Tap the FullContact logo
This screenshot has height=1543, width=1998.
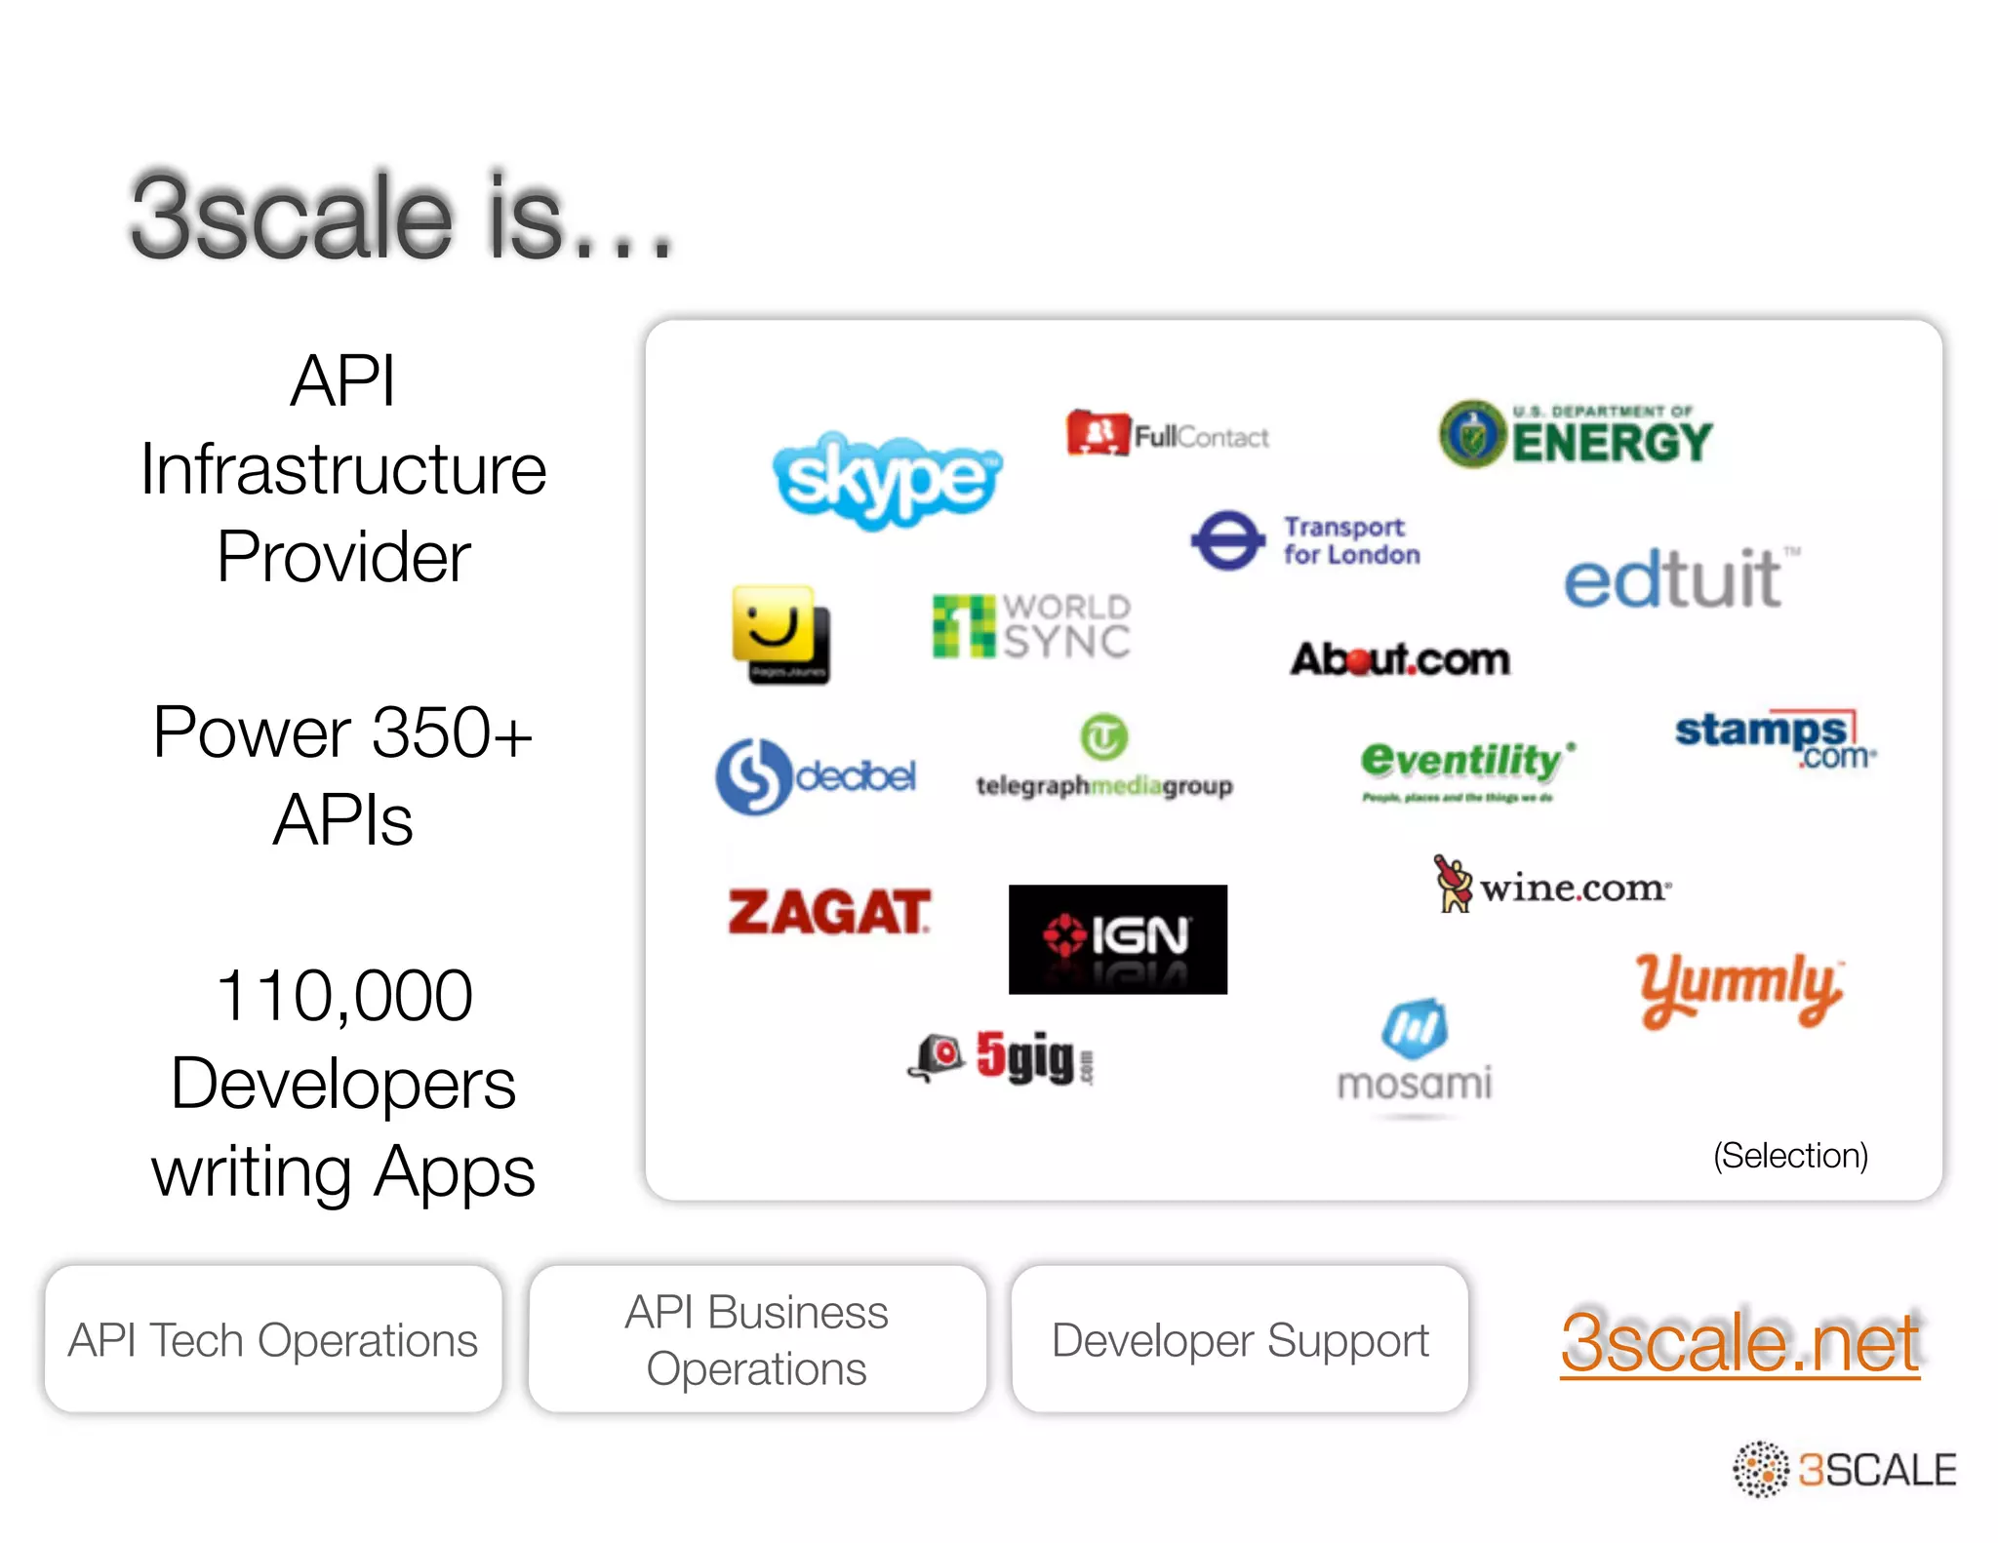tap(1168, 435)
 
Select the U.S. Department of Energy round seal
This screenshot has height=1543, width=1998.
tap(1472, 434)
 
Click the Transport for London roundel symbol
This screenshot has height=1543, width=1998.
tap(1227, 540)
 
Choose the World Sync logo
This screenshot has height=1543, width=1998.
tap(1031, 627)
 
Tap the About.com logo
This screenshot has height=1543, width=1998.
tap(1400, 660)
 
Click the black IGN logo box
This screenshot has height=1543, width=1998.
tap(1117, 938)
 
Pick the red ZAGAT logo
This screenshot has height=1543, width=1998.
tap(829, 913)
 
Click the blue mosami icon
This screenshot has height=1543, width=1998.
tap(1414, 1028)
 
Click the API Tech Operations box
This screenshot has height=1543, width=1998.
tap(273, 1339)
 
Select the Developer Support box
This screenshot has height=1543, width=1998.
tap(1239, 1339)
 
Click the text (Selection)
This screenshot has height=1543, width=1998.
tap(1790, 1156)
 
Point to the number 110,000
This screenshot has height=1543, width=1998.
tap(343, 996)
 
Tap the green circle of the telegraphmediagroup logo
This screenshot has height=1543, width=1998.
tap(1103, 737)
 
